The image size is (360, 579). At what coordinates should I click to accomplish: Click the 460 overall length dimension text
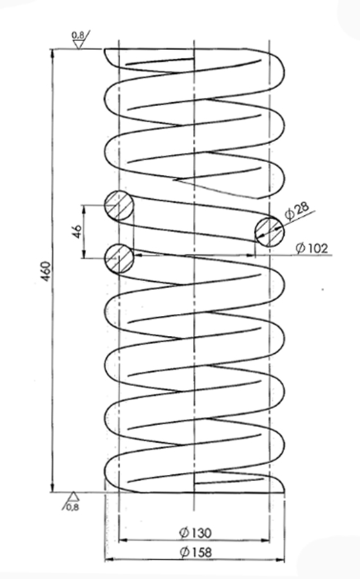pyautogui.click(x=46, y=271)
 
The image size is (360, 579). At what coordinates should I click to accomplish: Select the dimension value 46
pyautogui.click(x=77, y=231)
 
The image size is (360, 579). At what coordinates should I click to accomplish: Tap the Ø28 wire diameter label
pyautogui.click(x=297, y=210)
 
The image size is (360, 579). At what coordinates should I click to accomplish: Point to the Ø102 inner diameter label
pyautogui.click(x=312, y=248)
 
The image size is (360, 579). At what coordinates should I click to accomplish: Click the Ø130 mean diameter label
pyautogui.click(x=195, y=533)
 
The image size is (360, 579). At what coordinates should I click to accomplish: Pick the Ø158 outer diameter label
pyautogui.click(x=195, y=553)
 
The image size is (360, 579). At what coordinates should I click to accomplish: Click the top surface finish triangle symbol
pyautogui.click(x=78, y=44)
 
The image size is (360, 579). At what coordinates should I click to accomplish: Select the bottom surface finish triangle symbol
pyautogui.click(x=74, y=497)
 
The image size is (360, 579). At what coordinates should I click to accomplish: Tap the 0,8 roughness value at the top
pyautogui.click(x=77, y=35)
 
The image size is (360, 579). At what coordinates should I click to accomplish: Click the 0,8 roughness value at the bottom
pyautogui.click(x=73, y=507)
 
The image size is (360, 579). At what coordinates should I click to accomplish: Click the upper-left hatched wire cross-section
pyautogui.click(x=119, y=205)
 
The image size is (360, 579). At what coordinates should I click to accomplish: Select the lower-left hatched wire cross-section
pyautogui.click(x=119, y=258)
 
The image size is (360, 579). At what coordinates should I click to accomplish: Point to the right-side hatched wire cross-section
pyautogui.click(x=269, y=232)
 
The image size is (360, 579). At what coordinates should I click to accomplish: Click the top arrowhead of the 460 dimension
pyautogui.click(x=53, y=53)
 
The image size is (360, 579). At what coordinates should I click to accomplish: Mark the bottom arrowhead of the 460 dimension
pyautogui.click(x=53, y=488)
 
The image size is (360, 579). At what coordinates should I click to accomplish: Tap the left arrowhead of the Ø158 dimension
pyautogui.click(x=109, y=560)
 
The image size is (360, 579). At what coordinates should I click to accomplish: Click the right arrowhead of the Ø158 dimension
pyautogui.click(x=281, y=560)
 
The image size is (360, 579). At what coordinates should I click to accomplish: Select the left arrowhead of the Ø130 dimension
pyautogui.click(x=123, y=540)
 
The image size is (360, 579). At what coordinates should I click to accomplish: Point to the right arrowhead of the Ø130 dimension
pyautogui.click(x=265, y=540)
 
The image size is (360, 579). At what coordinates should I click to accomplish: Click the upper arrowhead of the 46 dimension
pyautogui.click(x=84, y=209)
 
